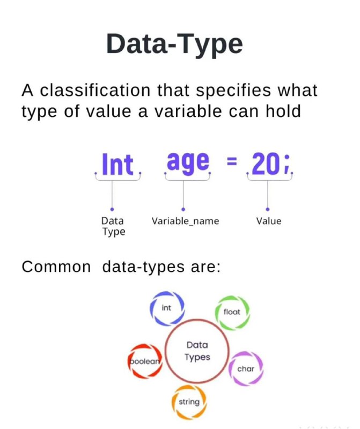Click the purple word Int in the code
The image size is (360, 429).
coord(117,164)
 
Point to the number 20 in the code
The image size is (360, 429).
coord(264,164)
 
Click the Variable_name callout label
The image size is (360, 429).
coord(185,221)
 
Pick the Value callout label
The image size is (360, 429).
coord(269,221)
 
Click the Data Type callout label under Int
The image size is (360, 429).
coord(113,226)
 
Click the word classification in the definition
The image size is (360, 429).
coord(95,90)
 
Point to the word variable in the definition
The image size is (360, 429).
coord(188,111)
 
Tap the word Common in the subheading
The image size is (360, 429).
coord(56,267)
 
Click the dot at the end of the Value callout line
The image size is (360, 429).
coord(268,209)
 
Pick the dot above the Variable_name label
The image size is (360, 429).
coord(183,209)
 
